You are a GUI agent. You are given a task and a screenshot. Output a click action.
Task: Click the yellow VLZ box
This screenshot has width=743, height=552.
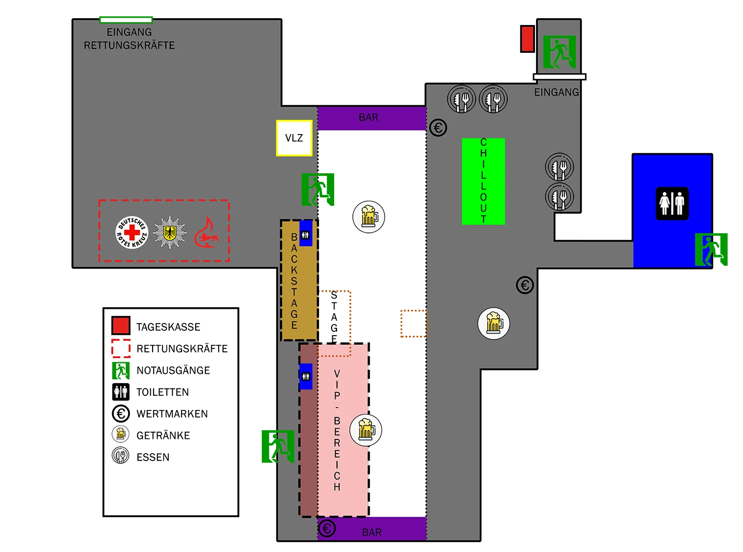pyautogui.click(x=294, y=138)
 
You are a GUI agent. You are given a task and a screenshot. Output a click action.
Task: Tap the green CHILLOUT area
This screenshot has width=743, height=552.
pyautogui.click(x=483, y=181)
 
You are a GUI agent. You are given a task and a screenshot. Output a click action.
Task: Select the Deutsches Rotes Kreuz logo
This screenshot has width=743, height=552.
pyautogui.click(x=132, y=232)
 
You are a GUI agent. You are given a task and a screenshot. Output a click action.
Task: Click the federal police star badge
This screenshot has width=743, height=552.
pyautogui.click(x=170, y=232)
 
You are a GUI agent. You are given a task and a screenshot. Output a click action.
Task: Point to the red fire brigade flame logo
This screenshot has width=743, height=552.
pyautogui.click(x=206, y=232)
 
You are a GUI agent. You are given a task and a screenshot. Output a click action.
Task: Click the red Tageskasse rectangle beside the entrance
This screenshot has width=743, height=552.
pyautogui.click(x=527, y=39)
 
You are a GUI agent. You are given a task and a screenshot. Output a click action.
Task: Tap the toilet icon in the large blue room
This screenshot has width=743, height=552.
pyautogui.click(x=671, y=203)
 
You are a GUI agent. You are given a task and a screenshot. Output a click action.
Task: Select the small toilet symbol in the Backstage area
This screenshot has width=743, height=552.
pyautogui.click(x=305, y=234)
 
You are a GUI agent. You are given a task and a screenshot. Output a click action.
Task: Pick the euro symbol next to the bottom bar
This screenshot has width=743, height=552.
pyautogui.click(x=326, y=528)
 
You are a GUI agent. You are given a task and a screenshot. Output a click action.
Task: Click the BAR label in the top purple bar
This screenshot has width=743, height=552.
pyautogui.click(x=368, y=117)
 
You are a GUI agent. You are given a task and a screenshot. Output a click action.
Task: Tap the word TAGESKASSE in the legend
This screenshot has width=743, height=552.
pyautogui.click(x=168, y=326)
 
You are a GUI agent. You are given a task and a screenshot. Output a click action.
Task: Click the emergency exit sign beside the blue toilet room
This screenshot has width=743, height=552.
pyautogui.click(x=710, y=249)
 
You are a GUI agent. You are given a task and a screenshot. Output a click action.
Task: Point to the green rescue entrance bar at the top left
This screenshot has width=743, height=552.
pyautogui.click(x=126, y=20)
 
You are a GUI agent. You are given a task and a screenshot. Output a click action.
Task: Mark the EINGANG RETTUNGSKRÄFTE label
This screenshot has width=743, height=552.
pyautogui.click(x=129, y=39)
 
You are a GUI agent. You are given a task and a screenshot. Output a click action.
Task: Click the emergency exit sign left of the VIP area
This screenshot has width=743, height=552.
pyautogui.click(x=277, y=446)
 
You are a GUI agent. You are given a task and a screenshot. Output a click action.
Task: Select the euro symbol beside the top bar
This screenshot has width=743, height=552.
pyautogui.click(x=437, y=127)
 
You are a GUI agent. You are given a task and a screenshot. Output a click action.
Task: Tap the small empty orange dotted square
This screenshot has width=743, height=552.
pyautogui.click(x=413, y=323)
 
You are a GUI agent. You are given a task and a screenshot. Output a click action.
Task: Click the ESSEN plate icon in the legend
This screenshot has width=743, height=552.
pyautogui.click(x=120, y=455)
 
